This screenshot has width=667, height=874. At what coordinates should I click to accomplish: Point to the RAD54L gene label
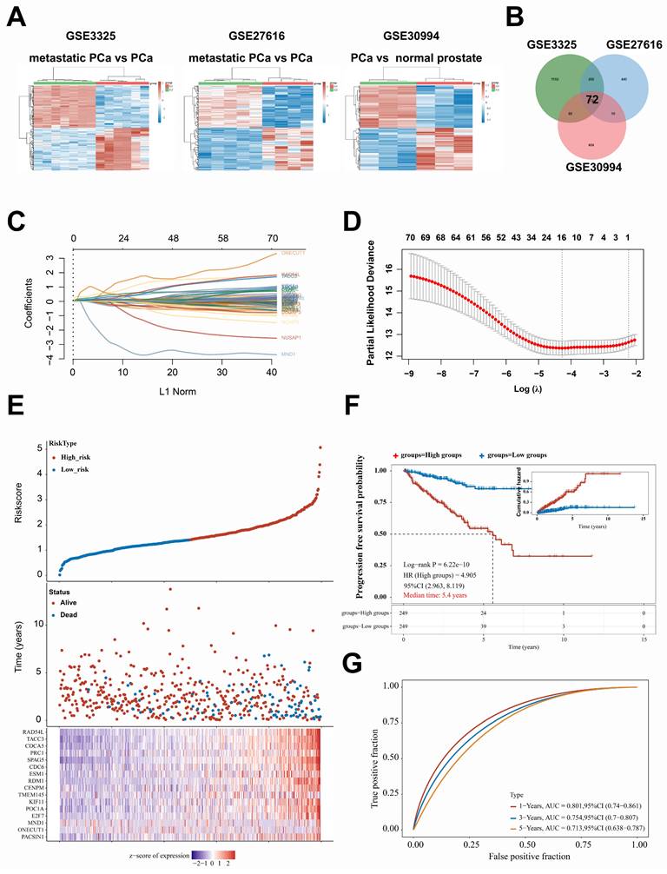36,733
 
